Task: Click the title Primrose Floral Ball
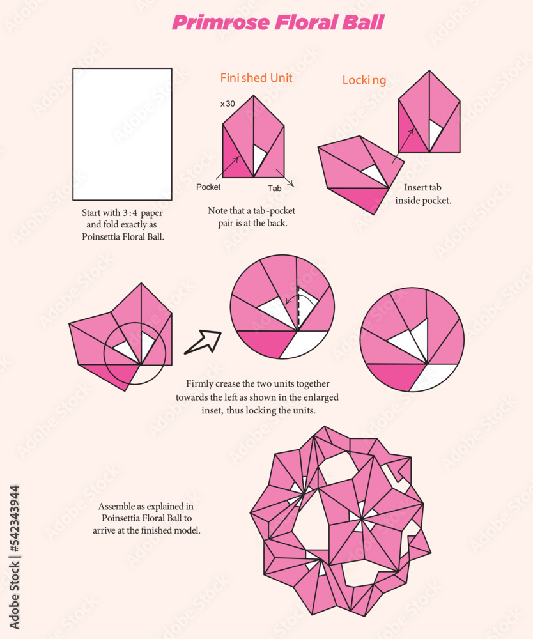(278, 23)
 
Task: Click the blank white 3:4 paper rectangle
(122, 134)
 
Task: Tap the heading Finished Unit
(256, 78)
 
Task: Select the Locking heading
(364, 80)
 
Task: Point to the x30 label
(228, 103)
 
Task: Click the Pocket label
(208, 187)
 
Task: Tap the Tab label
(274, 189)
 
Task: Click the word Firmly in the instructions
(201, 384)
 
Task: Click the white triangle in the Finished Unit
(258, 159)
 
